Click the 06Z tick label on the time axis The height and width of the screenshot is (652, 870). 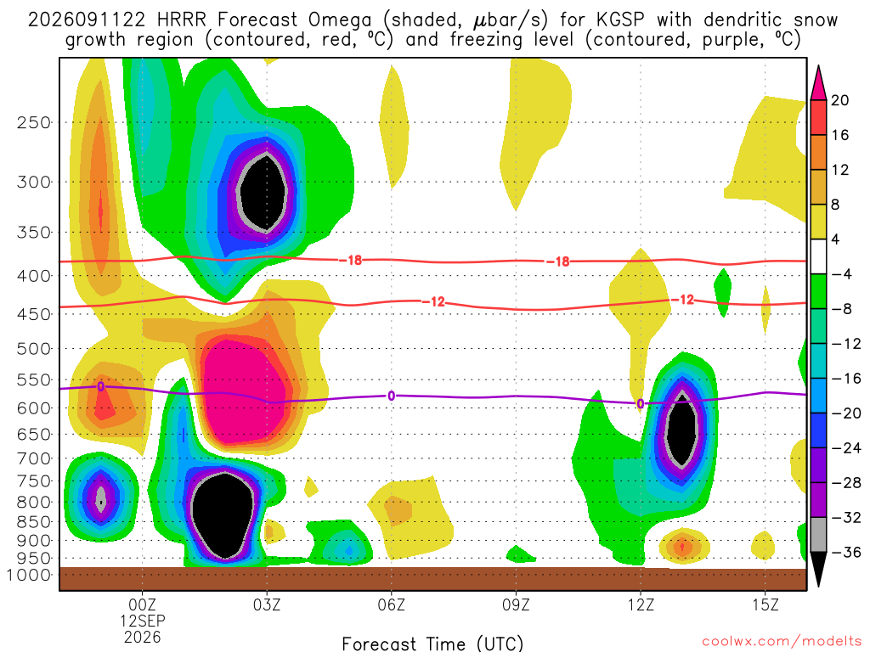pyautogui.click(x=391, y=604)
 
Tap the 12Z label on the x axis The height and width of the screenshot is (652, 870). pyautogui.click(x=641, y=604)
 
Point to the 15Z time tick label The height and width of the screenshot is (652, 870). pyautogui.click(x=765, y=604)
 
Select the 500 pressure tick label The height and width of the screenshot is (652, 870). pyautogui.click(x=34, y=349)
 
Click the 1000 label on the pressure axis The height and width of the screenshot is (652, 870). pyautogui.click(x=29, y=575)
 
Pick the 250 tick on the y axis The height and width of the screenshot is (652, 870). pyautogui.click(x=34, y=122)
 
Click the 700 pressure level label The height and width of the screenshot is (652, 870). pyautogui.click(x=34, y=458)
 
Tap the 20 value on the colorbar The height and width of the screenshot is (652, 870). pyautogui.click(x=840, y=100)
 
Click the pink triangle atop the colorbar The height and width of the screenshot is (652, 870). pyautogui.click(x=818, y=83)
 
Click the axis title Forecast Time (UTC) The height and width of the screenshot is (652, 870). pyautogui.click(x=432, y=644)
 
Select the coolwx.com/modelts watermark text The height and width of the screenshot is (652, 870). pyautogui.click(x=782, y=642)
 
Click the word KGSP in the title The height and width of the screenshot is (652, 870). pyautogui.click(x=620, y=20)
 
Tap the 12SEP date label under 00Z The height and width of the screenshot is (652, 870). pyautogui.click(x=143, y=621)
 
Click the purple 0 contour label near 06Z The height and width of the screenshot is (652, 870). pyautogui.click(x=391, y=396)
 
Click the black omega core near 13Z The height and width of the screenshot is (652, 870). pyautogui.click(x=681, y=429)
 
